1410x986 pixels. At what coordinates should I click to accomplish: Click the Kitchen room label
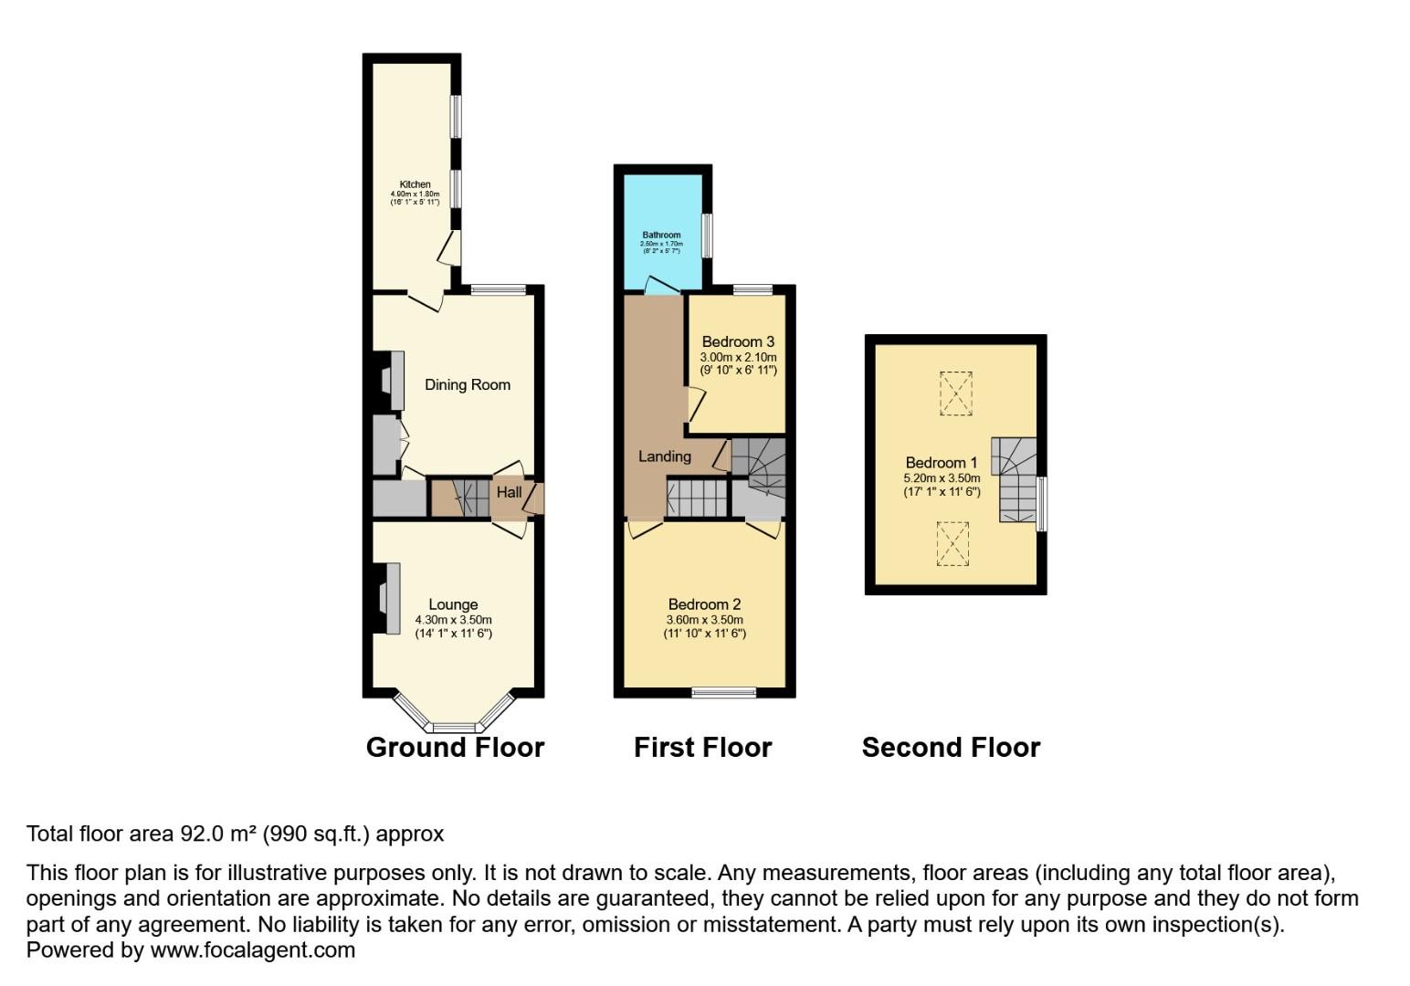pos(415,184)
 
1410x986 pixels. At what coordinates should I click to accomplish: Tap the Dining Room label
pos(467,384)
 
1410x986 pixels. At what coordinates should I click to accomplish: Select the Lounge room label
pos(453,604)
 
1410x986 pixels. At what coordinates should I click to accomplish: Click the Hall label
pos(509,492)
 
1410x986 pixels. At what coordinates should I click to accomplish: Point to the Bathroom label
pos(661,235)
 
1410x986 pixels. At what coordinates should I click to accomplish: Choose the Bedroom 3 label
pos(738,342)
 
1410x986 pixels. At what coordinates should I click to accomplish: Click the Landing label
pos(664,456)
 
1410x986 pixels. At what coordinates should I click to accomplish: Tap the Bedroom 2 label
pos(704,604)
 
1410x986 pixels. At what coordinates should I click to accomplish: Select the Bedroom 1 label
pos(942,463)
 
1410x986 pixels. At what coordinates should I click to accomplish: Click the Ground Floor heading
pos(455,748)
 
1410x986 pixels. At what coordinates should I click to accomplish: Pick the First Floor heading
pos(702,748)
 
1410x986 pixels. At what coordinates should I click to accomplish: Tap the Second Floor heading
pos(951,748)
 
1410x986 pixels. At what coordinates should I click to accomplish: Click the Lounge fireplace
pos(390,598)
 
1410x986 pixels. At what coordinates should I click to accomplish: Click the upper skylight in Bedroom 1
pos(955,393)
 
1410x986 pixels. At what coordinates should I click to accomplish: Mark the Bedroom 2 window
pos(723,692)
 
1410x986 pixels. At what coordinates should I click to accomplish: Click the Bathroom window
pos(707,236)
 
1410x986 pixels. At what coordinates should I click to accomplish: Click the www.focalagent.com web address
pos(252,950)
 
